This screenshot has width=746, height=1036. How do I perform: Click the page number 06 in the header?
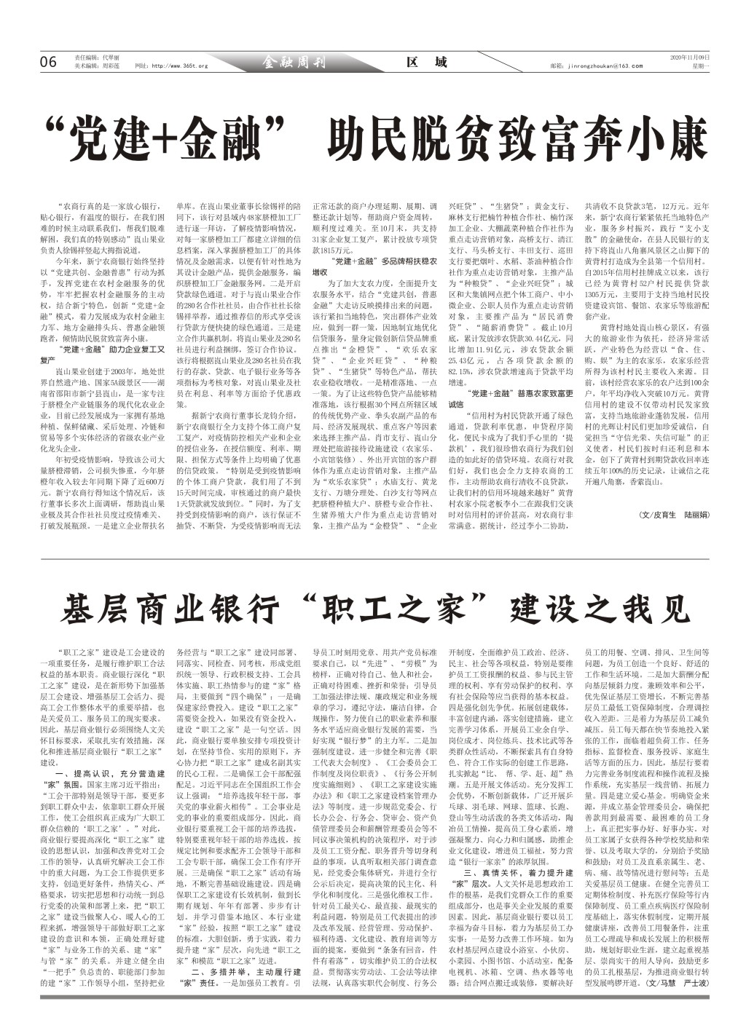(x=49, y=63)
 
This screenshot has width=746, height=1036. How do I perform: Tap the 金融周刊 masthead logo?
(x=294, y=63)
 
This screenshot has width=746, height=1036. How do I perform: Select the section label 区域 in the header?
(x=427, y=63)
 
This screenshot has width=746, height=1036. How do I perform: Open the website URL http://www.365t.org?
(x=172, y=66)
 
